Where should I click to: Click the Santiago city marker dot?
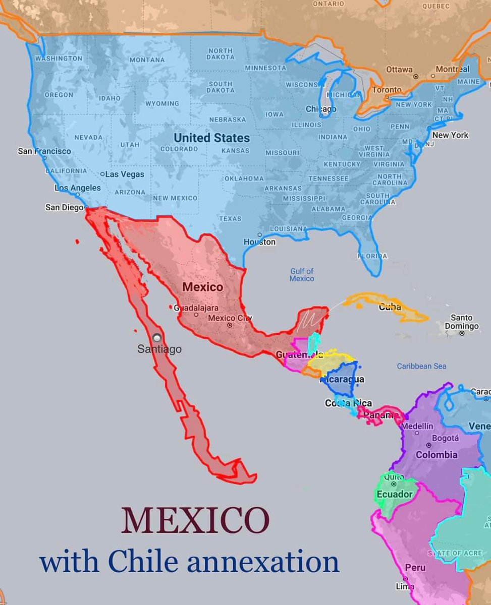158,338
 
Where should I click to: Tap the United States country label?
211,138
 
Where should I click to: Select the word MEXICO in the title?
195,521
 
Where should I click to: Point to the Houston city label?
260,242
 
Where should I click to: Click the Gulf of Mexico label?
302,275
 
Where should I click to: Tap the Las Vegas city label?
124,174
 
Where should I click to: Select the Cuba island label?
390,307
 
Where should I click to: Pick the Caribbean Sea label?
421,366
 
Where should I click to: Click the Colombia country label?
437,455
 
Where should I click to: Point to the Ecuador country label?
395,495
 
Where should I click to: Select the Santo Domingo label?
462,322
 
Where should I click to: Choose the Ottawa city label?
399,70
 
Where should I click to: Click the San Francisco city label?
44,151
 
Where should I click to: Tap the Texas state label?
230,219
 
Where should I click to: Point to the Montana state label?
147,60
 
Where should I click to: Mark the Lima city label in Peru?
406,586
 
